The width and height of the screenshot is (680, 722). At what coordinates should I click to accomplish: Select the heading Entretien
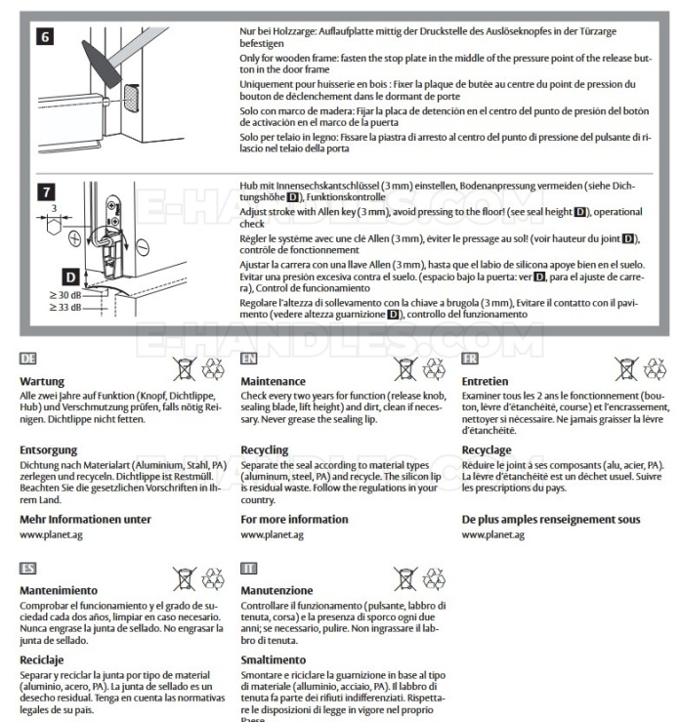tap(486, 380)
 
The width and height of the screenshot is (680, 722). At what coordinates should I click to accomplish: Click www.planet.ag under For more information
tap(272, 535)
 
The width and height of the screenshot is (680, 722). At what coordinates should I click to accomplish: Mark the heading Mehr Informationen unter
tap(85, 519)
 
